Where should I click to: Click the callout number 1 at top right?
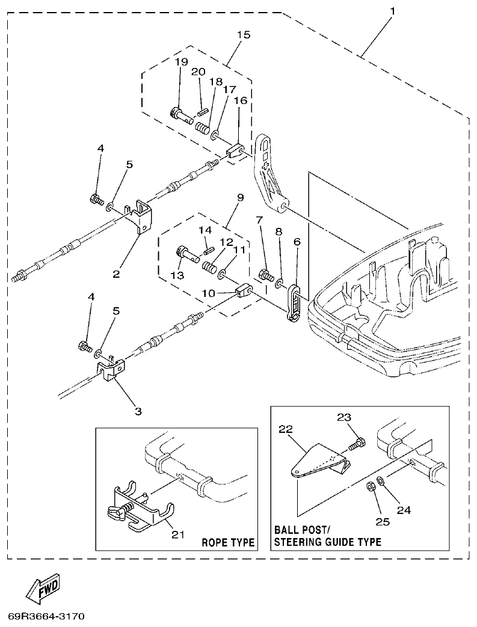[x=392, y=11]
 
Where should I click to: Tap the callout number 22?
[x=285, y=429]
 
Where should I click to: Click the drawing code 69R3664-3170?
[x=46, y=616]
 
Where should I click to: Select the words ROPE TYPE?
[x=228, y=542]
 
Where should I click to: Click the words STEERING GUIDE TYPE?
[x=328, y=542]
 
